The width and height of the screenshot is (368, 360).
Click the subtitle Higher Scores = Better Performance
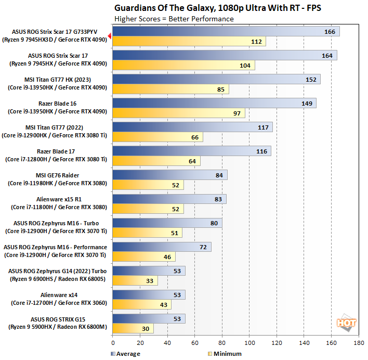click(x=174, y=19)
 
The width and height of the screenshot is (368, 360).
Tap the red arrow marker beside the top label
click(x=109, y=36)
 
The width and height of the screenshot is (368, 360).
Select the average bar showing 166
click(x=226, y=32)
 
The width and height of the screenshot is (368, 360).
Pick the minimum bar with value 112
click(x=189, y=42)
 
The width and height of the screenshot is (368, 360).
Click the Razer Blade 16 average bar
click(x=214, y=104)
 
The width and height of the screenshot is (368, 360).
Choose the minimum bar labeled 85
click(x=170, y=89)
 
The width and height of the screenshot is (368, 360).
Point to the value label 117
click(x=263, y=127)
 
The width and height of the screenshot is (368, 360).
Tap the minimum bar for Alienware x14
click(x=141, y=305)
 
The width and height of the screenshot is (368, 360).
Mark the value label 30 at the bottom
click(x=144, y=329)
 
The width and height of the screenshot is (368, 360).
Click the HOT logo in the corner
click(x=346, y=323)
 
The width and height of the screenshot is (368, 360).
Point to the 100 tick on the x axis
click(x=249, y=344)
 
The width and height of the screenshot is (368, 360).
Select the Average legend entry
click(x=127, y=354)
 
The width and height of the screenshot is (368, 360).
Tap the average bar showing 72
click(x=162, y=247)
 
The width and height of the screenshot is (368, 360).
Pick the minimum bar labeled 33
click(x=135, y=281)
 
